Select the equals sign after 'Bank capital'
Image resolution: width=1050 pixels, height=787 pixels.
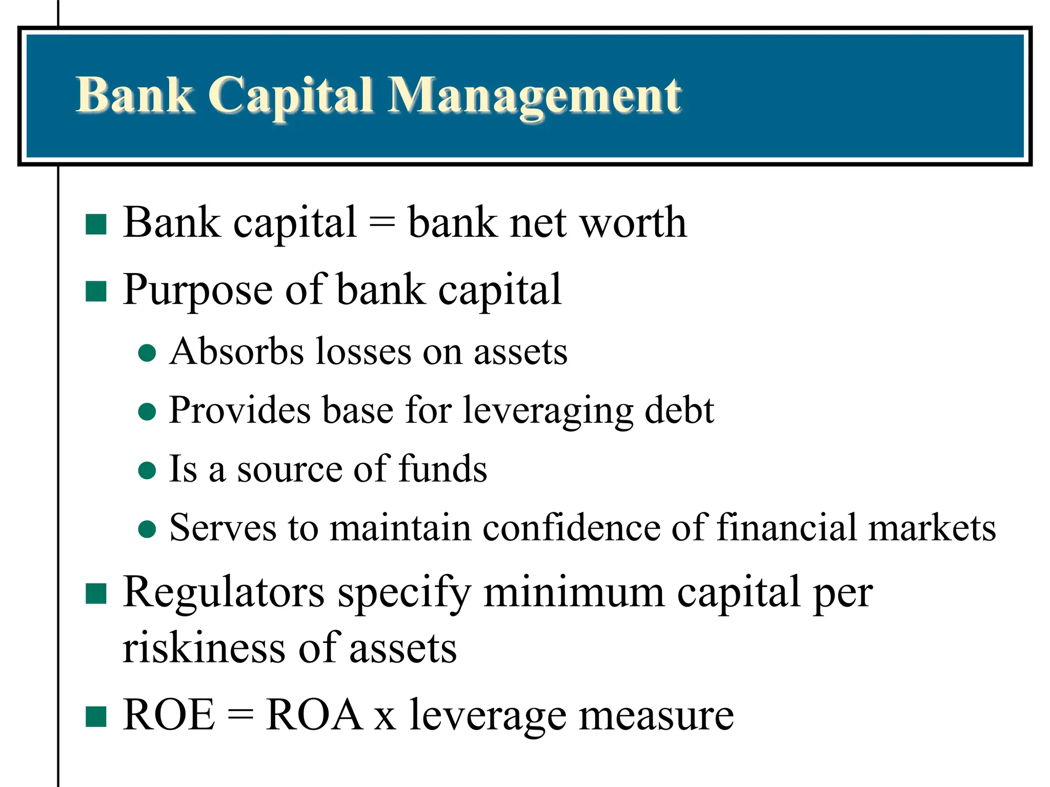coord(382,224)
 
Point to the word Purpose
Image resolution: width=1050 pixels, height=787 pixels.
coord(197,291)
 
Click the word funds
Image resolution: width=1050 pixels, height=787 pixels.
coord(442,469)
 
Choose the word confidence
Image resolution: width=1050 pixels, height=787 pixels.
coord(571,528)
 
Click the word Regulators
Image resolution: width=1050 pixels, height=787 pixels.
coord(224,593)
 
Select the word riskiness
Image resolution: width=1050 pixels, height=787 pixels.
coord(204,648)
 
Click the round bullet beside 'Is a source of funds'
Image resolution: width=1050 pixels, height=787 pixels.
coord(147,470)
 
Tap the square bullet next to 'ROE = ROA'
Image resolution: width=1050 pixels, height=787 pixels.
coord(96,717)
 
